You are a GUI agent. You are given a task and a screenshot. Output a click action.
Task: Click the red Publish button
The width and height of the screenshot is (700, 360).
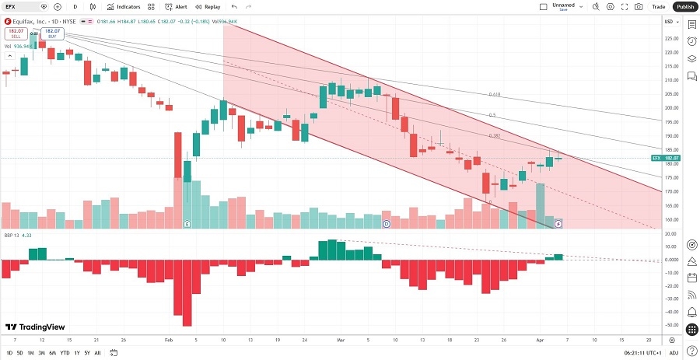(x=684, y=6)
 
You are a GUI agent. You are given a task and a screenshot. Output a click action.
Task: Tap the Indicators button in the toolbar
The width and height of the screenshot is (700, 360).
(x=124, y=6)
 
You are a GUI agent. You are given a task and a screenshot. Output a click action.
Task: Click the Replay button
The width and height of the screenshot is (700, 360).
(x=208, y=6)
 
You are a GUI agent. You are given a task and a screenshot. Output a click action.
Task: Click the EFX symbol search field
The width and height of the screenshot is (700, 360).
(x=22, y=6)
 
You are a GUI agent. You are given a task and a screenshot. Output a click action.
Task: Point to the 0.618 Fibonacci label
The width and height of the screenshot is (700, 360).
(x=494, y=94)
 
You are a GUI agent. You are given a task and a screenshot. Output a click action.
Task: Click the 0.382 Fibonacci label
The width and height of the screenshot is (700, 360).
(x=494, y=135)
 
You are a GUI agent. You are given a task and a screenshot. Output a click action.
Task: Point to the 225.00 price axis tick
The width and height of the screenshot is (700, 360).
(x=670, y=38)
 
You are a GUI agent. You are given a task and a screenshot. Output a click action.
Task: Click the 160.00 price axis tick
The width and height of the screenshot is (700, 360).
(x=670, y=219)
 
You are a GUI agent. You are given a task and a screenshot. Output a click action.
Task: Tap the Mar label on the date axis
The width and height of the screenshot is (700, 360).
(x=341, y=340)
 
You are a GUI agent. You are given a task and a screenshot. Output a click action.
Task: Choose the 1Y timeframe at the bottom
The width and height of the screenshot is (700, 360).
(x=76, y=352)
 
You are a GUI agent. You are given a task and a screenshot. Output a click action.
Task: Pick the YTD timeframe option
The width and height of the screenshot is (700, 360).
(x=64, y=352)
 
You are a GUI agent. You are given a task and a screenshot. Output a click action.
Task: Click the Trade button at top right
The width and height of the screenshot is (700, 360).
(x=658, y=6)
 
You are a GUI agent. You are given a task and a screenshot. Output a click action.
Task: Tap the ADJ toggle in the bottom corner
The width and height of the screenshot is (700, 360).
(x=691, y=352)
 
